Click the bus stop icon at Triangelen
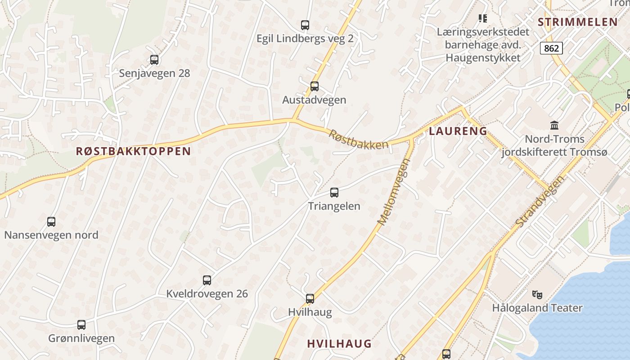[x=334, y=193]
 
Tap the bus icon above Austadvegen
[x=314, y=86]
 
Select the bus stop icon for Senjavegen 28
[x=154, y=59]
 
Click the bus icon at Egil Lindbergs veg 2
[x=305, y=25]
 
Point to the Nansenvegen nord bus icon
[x=51, y=221]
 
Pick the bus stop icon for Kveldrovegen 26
[x=207, y=280]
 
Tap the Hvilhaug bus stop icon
[x=310, y=298]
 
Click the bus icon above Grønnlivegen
[x=81, y=325]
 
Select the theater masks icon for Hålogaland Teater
[x=537, y=295]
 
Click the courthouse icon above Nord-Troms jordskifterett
[x=554, y=125]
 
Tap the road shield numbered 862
[x=551, y=48]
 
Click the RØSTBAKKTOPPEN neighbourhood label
[x=133, y=151]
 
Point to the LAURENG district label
[x=458, y=131]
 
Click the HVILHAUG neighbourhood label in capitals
[x=339, y=343]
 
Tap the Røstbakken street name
[x=358, y=139]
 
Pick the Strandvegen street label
[x=540, y=201]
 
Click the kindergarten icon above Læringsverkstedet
[x=483, y=18]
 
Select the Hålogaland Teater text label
[x=537, y=308]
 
